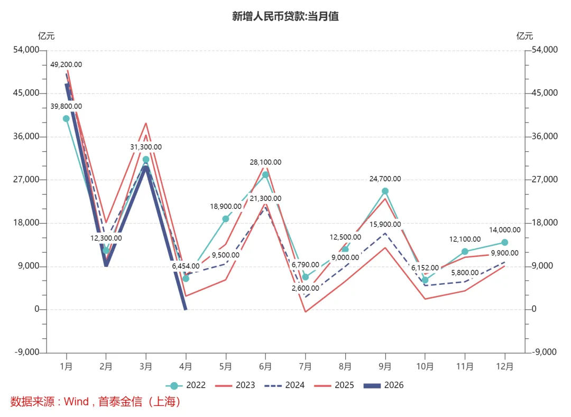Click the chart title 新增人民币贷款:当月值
(285, 16)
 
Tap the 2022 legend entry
(186, 385)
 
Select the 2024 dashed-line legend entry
(284, 385)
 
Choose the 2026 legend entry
(383, 385)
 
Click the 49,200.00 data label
(66, 64)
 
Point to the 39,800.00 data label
(66, 106)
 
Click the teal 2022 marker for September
(385, 191)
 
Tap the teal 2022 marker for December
(505, 243)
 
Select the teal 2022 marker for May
(225, 219)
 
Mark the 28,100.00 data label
(265, 162)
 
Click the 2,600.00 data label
(305, 288)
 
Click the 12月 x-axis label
(505, 366)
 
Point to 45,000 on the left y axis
(26, 93)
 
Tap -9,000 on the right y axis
(544, 352)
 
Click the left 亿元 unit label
(46, 36)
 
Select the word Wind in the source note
(76, 402)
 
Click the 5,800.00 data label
(465, 273)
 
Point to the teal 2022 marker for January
(66, 118)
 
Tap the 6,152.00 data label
(425, 268)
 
